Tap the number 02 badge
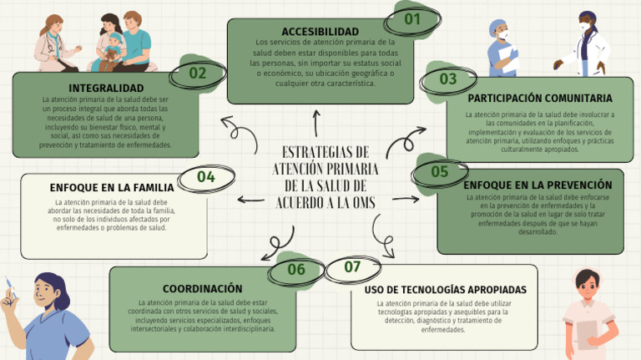(x=197, y=73)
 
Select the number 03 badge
(x=448, y=79)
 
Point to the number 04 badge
(x=205, y=177)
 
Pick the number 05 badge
(x=440, y=171)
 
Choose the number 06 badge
(x=296, y=269)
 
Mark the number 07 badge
(x=352, y=267)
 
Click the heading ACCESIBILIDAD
(x=320, y=32)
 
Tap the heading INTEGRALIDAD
(x=106, y=88)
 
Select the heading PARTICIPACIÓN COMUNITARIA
(x=540, y=98)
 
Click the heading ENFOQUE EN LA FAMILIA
(x=112, y=187)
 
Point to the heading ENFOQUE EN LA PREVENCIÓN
(x=538, y=185)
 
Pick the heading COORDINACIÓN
(x=203, y=288)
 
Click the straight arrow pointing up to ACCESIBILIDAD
(x=316, y=123)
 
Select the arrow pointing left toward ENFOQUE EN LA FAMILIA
(x=251, y=199)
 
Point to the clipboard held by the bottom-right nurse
(x=588, y=332)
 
